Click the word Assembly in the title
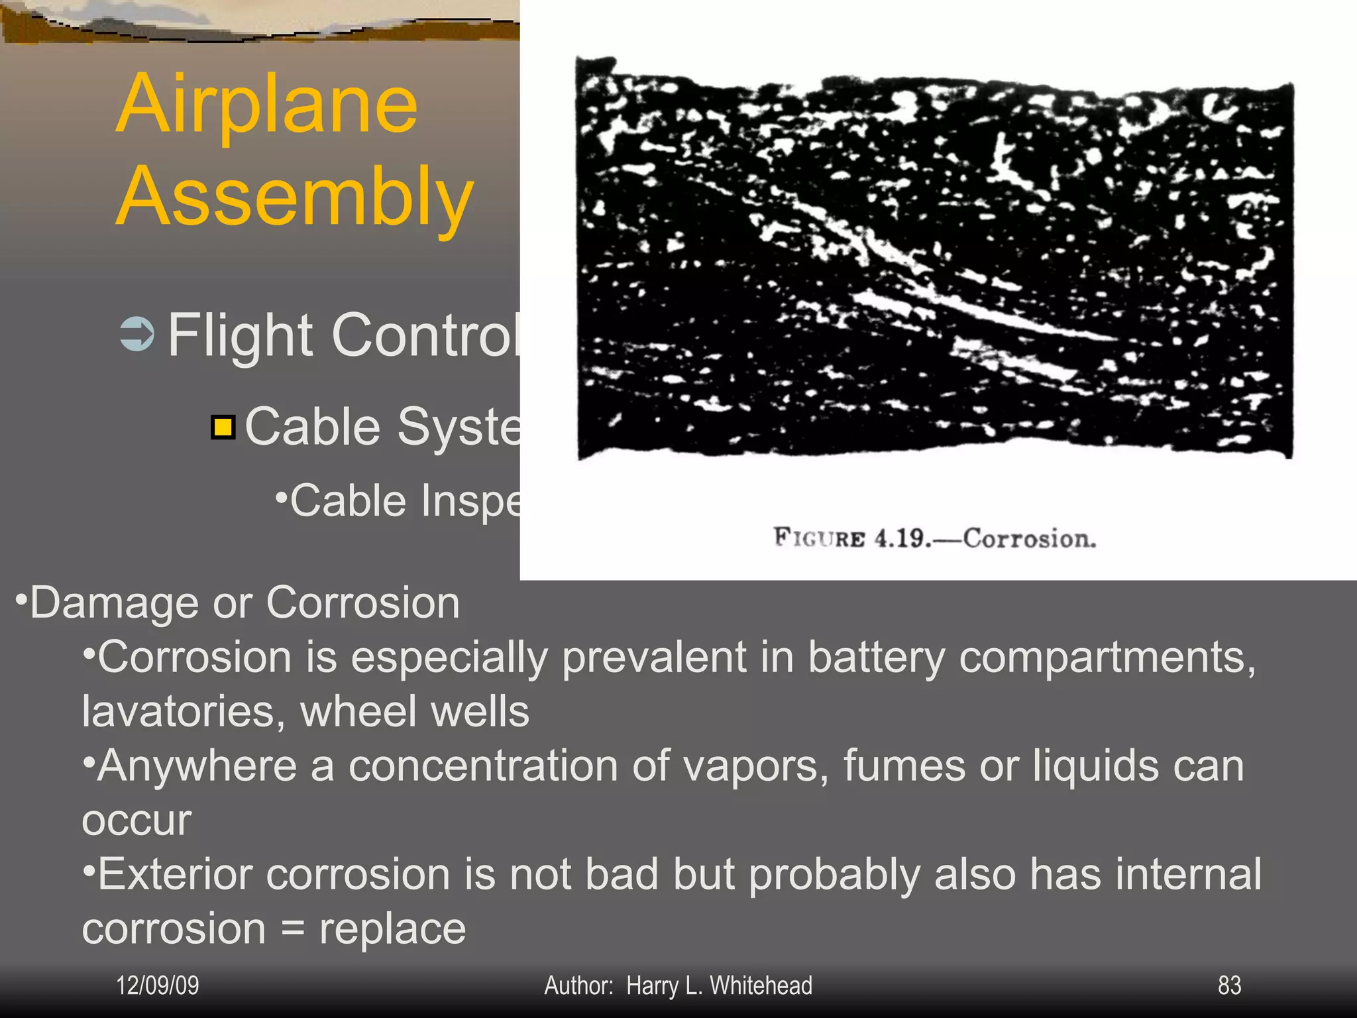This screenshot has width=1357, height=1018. [295, 197]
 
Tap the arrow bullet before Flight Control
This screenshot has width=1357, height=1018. [137, 334]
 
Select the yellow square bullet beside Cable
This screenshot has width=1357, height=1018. [223, 427]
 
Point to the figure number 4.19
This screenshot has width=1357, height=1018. [901, 538]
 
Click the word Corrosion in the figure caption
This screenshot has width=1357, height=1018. [1029, 538]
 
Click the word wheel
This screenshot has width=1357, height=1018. [358, 712]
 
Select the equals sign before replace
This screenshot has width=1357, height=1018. [292, 929]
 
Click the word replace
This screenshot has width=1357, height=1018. [393, 929]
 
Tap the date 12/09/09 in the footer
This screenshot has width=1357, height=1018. [158, 986]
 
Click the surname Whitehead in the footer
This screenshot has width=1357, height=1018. [761, 986]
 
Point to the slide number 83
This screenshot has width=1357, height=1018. [1229, 986]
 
